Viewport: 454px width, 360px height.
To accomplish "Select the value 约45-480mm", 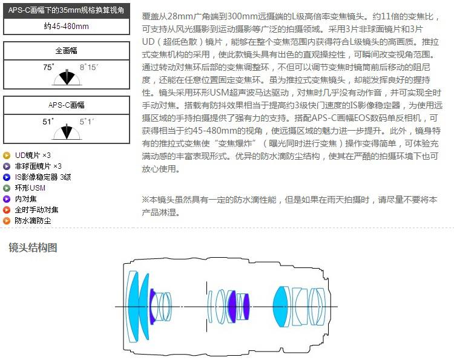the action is [x=66, y=27].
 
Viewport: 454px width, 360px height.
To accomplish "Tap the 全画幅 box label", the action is [x=66, y=51].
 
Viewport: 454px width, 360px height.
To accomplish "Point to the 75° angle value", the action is [x=48, y=67].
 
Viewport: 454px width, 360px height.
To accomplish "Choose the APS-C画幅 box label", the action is [x=66, y=105].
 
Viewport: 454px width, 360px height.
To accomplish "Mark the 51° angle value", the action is [x=48, y=122].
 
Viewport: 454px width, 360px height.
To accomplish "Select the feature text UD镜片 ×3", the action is [x=33, y=155].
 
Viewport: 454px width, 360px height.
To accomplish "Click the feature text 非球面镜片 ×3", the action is [x=38, y=166].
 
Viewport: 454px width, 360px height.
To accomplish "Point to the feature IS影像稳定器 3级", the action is [x=43, y=177].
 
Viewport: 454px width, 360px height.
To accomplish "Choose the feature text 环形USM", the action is [x=30, y=188].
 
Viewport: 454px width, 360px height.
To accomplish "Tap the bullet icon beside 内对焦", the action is [x=7, y=198].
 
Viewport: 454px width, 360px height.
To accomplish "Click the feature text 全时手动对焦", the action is [x=37, y=209].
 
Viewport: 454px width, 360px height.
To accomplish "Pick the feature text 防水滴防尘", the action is [x=33, y=220].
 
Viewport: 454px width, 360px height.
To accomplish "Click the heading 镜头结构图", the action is [x=33, y=247].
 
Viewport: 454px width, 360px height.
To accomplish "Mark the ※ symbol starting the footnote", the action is [x=145, y=200].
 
